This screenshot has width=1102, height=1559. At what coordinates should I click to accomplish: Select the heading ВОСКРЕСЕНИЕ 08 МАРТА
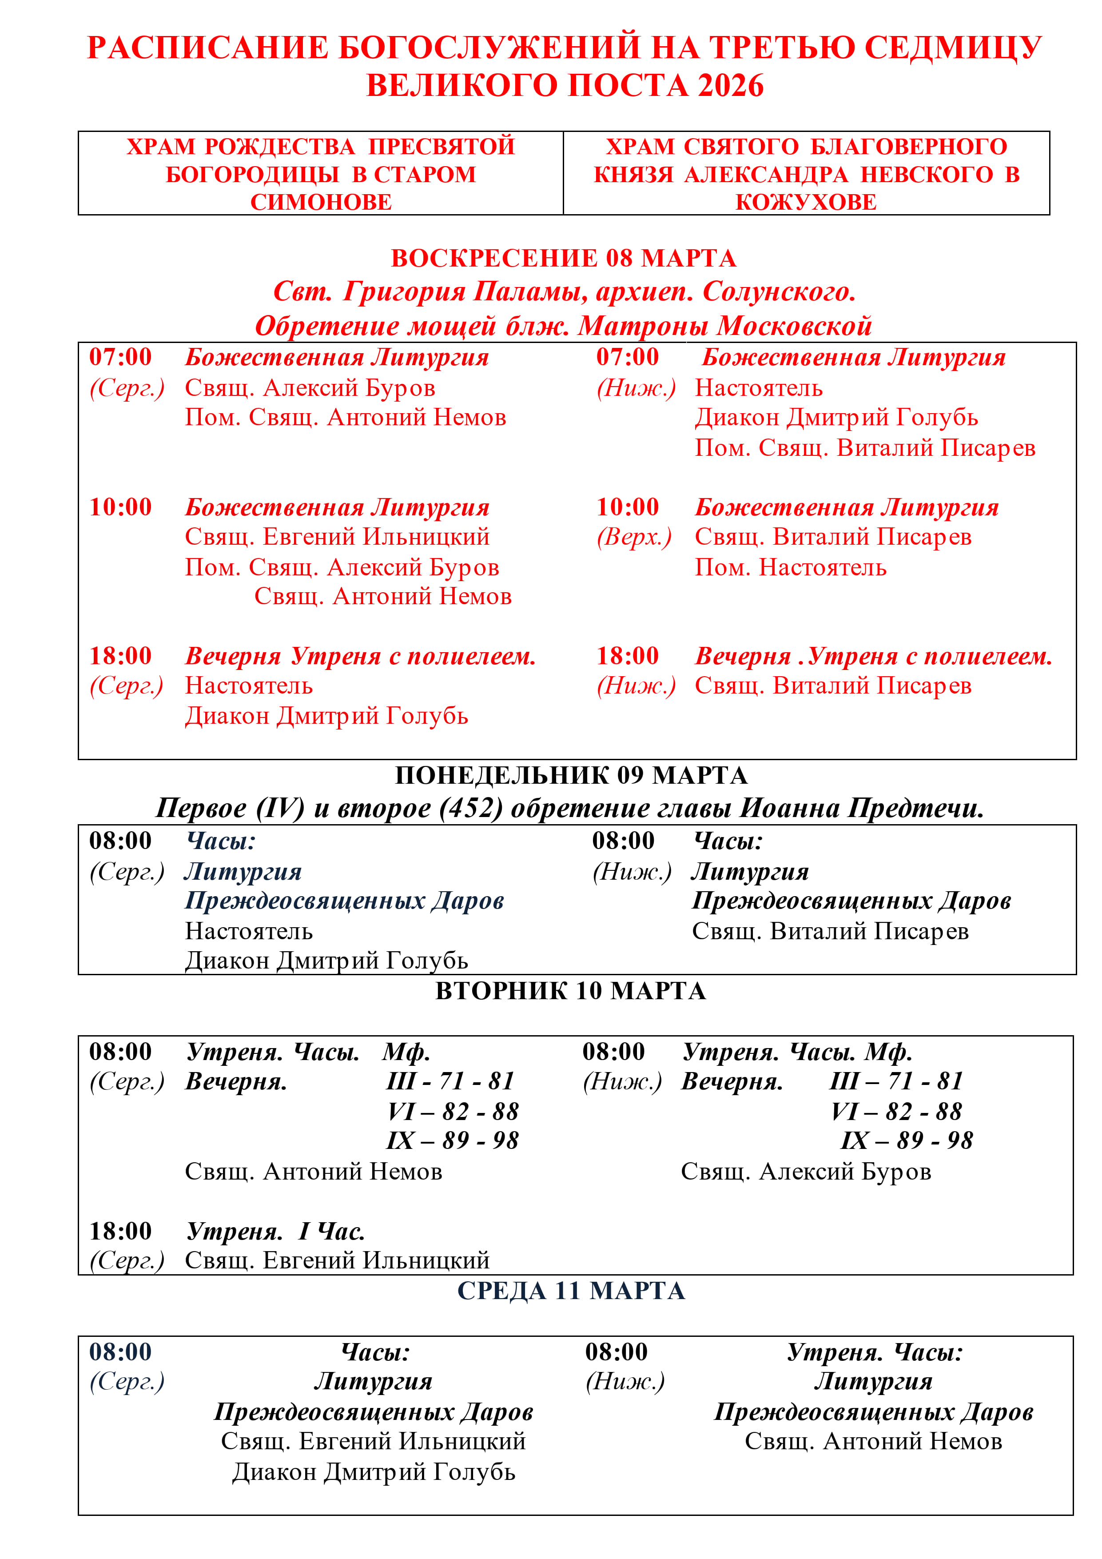564,258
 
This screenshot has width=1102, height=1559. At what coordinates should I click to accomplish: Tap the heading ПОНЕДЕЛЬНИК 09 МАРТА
571,775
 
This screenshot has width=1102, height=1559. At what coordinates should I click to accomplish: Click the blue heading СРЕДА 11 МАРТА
571,1291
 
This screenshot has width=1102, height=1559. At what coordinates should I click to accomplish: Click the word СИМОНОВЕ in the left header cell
321,202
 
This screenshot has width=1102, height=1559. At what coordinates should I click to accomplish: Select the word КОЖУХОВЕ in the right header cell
806,202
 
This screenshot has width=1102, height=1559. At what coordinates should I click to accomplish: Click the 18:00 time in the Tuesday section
121,1231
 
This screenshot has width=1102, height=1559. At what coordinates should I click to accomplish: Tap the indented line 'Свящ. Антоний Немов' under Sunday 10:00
383,596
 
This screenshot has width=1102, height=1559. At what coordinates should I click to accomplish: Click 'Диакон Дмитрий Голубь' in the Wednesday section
374,1472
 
